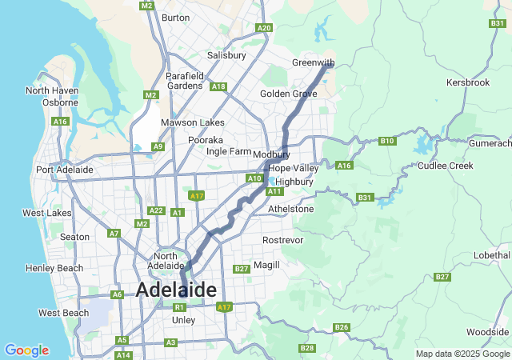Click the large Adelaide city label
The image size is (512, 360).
[176, 290]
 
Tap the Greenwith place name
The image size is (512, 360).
[312, 62]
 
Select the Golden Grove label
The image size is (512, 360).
[288, 94]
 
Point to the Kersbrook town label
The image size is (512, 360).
[468, 82]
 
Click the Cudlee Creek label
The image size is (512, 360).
[446, 166]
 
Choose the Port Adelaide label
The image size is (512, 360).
[64, 170]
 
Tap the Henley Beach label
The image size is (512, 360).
[54, 268]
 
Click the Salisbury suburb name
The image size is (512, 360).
[226, 55]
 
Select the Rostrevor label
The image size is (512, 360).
[283, 240]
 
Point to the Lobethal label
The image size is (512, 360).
[491, 254]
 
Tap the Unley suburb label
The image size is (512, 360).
[183, 320]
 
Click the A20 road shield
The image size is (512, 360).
[264, 28]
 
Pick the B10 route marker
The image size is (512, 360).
[387, 141]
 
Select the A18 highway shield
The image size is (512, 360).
[218, 86]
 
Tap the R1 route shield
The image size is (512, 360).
[180, 307]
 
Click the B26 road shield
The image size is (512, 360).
[342, 327]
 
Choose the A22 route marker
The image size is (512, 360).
[156, 210]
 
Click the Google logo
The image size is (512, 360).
[26, 350]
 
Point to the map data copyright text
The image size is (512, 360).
[462, 354]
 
